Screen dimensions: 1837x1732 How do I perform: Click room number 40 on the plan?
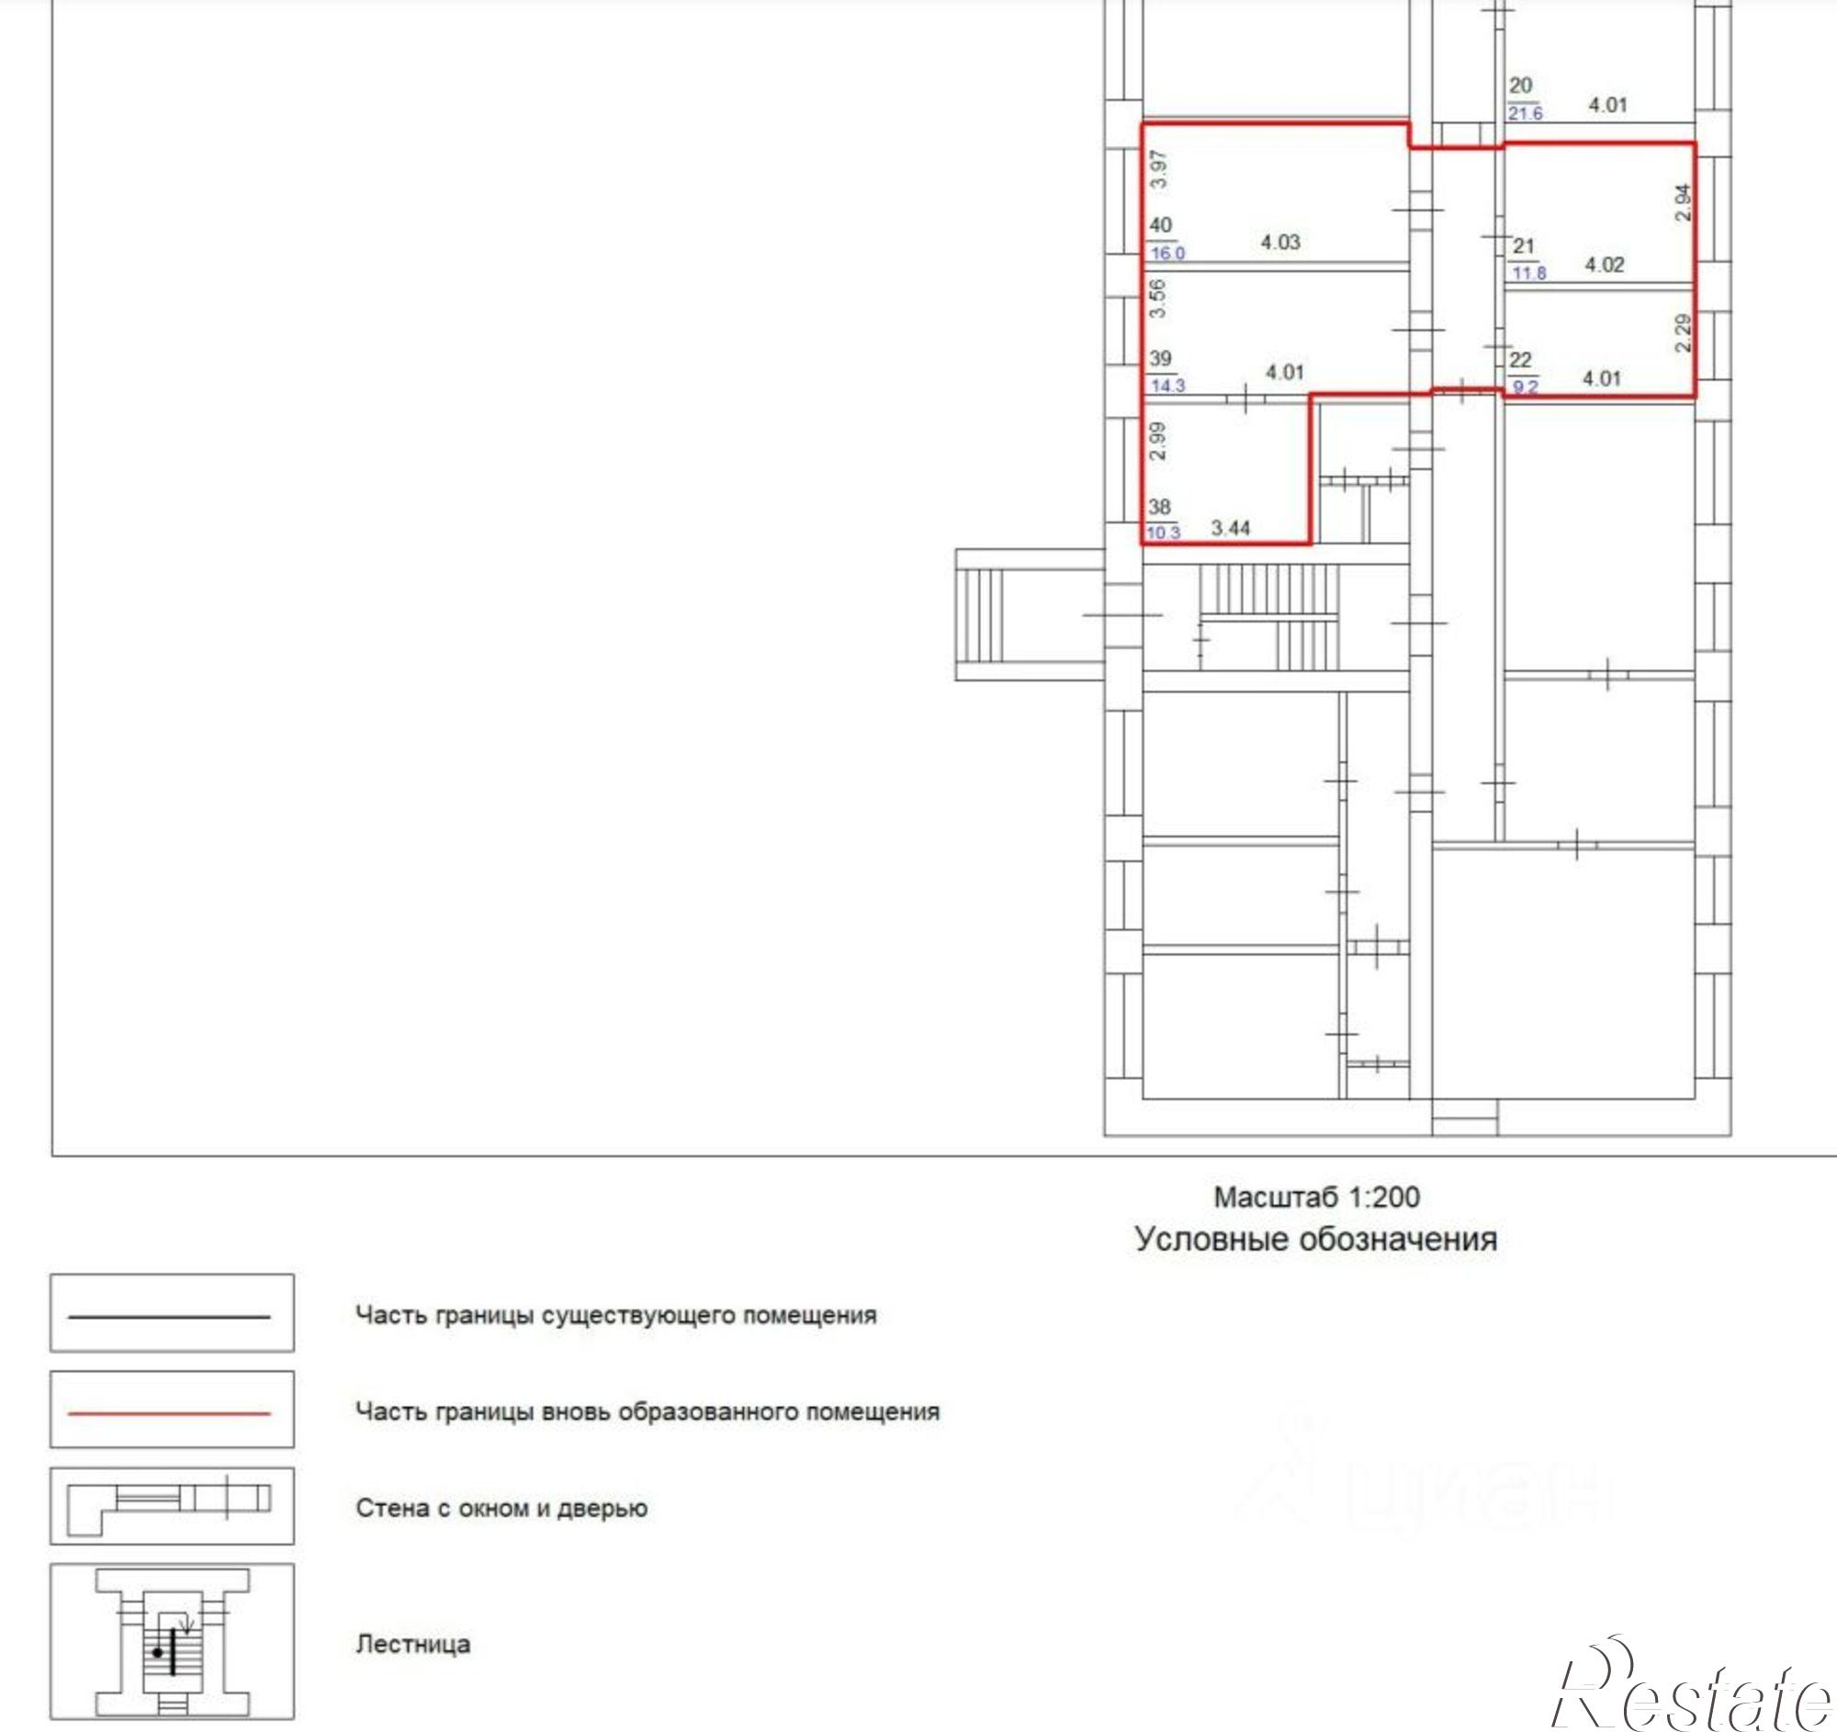tap(1161, 224)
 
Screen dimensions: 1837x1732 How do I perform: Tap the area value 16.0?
tap(1167, 253)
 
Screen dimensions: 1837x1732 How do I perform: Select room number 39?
tap(1161, 357)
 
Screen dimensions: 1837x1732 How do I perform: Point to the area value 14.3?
tap(1167, 385)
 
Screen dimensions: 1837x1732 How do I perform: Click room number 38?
tap(1160, 506)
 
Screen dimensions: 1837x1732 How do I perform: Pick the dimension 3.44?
tap(1231, 527)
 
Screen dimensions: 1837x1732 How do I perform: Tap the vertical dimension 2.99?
tap(1158, 441)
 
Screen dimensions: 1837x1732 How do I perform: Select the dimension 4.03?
tap(1280, 242)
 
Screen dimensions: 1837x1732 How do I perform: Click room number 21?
tap(1524, 246)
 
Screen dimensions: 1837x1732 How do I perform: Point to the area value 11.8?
tap(1529, 273)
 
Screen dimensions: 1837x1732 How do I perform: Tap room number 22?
tap(1520, 359)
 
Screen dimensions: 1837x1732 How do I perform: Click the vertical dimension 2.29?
tap(1683, 332)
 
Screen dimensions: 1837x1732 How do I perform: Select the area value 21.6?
tap(1526, 113)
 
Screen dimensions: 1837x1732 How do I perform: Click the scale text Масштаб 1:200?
tap(1317, 1198)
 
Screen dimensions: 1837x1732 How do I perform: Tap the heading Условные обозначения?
tap(1316, 1239)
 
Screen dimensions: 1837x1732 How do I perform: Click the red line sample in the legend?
tap(169, 1413)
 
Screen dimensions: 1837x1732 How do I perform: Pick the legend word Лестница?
tap(413, 1644)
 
